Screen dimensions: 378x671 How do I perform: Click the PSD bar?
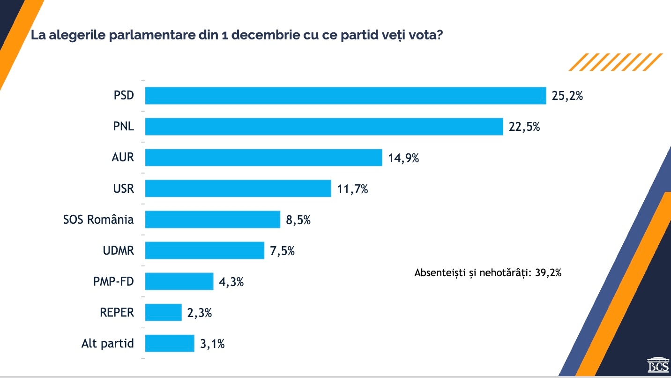[345, 96]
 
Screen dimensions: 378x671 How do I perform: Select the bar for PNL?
[324, 127]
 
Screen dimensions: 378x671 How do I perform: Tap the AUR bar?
[263, 158]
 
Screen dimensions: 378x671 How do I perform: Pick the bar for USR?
[238, 189]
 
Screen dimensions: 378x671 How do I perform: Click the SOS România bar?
[212, 219]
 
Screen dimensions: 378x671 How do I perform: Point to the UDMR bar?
[204, 250]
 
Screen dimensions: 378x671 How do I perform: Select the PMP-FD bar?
[179, 281]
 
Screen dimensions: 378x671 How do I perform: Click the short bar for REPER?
[163, 312]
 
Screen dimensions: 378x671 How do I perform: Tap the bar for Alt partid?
[170, 343]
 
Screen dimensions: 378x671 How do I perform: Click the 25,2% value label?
[567, 96]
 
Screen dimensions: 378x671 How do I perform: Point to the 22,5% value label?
[524, 127]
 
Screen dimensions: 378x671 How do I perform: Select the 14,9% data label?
[403, 158]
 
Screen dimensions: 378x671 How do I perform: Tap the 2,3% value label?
[200, 313]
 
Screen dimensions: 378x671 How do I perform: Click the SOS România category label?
[98, 219]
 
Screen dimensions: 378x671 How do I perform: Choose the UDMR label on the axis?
[118, 250]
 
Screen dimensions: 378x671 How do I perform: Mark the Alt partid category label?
[107, 343]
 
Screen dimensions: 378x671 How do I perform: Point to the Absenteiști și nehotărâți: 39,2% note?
[488, 273]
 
